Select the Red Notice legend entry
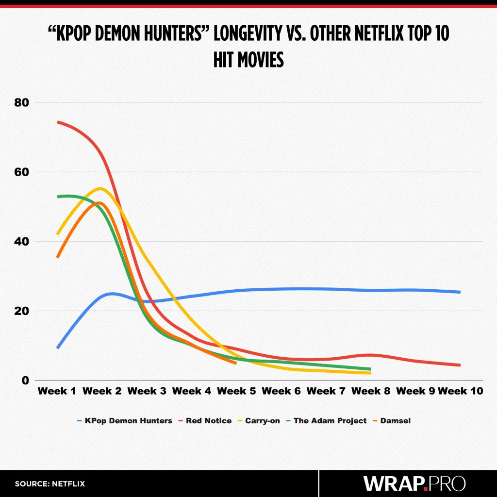pyautogui.click(x=208, y=421)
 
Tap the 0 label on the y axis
pyautogui.click(x=26, y=380)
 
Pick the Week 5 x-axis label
pyautogui.click(x=236, y=391)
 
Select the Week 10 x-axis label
pyautogui.click(x=461, y=391)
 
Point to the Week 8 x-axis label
pyautogui.click(x=371, y=391)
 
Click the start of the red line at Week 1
pyautogui.click(x=58, y=122)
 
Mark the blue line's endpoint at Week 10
pyautogui.click(x=459, y=292)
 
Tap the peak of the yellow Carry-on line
pyautogui.click(x=100, y=188)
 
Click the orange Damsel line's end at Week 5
pyautogui.click(x=235, y=363)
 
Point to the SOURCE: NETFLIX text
pyautogui.click(x=50, y=484)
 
